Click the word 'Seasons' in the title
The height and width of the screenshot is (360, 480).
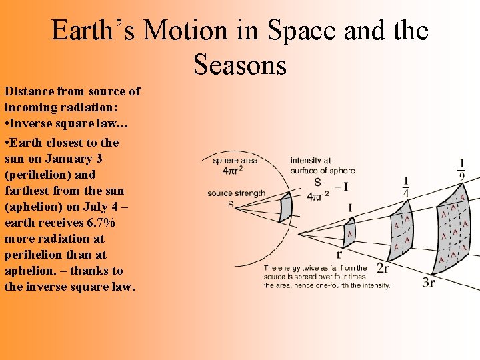pos(240,64)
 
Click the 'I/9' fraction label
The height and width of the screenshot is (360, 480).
pos(461,169)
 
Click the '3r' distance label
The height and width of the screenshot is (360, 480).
pos(429,283)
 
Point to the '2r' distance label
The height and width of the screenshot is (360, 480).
pos(383,268)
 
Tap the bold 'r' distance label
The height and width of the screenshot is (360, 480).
pos(339,254)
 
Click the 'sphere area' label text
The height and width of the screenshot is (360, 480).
pos(235,160)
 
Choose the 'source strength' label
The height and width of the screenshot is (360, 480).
pos(236,193)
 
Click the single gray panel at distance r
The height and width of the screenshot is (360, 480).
pos(349,233)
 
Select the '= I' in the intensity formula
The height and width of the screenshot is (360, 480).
pos(341,188)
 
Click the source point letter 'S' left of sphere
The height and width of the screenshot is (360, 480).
pos(231,204)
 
